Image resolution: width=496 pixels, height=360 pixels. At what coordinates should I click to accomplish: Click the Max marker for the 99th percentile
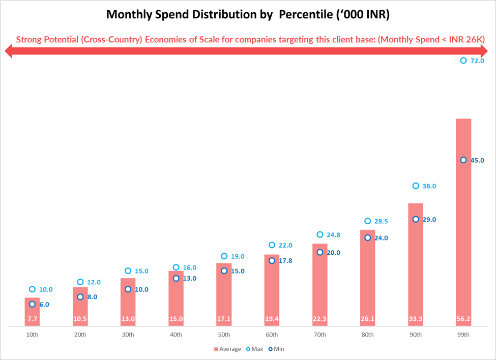pyautogui.click(x=463, y=61)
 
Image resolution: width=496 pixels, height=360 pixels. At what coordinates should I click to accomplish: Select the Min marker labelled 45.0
pyautogui.click(x=463, y=160)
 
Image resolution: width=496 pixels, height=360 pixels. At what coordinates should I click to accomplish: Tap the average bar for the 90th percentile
pyautogui.click(x=416, y=264)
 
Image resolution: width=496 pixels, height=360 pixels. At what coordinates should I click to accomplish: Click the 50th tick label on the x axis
pyautogui.click(x=224, y=335)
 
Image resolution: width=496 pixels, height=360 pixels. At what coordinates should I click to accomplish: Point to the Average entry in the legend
pyautogui.click(x=227, y=349)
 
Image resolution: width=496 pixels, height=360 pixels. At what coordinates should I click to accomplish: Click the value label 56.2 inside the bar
pyautogui.click(x=463, y=319)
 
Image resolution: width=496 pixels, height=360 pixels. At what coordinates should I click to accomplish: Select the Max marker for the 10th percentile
pyautogui.click(x=32, y=289)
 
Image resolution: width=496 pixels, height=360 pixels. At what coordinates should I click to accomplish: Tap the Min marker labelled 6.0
pyautogui.click(x=32, y=304)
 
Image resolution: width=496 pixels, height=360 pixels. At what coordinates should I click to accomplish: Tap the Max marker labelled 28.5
pyautogui.click(x=368, y=221)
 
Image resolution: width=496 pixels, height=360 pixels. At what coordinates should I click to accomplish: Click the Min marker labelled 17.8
pyautogui.click(x=272, y=261)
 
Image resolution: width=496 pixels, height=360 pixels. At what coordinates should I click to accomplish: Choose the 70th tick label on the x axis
pyautogui.click(x=320, y=335)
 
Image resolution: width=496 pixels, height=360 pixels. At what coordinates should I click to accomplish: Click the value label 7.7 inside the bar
pyautogui.click(x=32, y=319)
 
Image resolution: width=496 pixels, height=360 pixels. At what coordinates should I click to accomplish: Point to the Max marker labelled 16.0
pyautogui.click(x=176, y=267)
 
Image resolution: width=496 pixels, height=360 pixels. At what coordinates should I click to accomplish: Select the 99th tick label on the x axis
pyautogui.click(x=463, y=335)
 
